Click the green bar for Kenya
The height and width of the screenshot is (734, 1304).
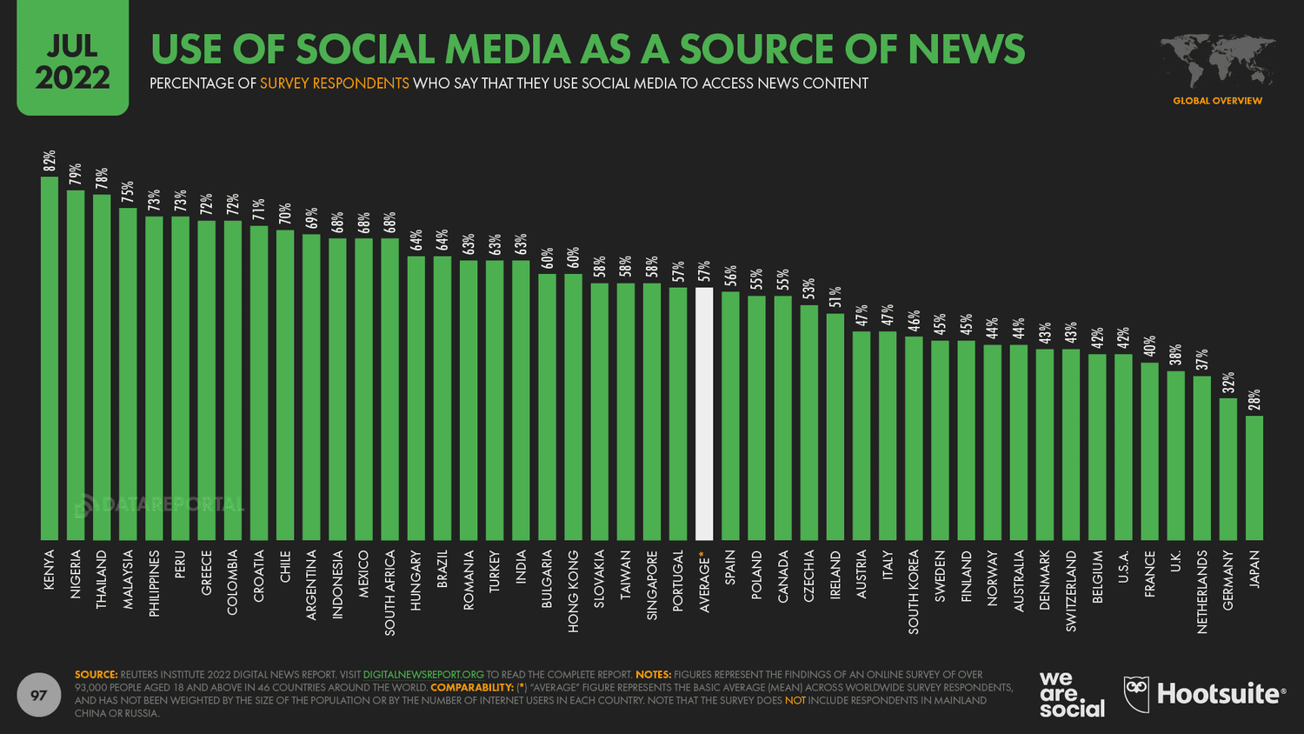(x=50, y=358)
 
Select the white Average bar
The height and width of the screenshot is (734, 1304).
(x=704, y=414)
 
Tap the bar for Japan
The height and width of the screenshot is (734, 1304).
(x=1254, y=477)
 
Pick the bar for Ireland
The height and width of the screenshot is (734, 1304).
(x=835, y=426)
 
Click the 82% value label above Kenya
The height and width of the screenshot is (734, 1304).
(x=50, y=161)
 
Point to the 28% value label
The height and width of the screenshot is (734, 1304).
(x=1254, y=400)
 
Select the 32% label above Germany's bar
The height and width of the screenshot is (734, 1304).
(x=1228, y=383)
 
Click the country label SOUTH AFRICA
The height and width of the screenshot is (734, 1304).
(x=390, y=592)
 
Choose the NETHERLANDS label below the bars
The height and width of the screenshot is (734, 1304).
(x=1202, y=591)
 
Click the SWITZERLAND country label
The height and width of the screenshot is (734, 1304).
(x=1071, y=591)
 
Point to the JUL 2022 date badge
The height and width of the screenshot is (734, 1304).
(x=72, y=61)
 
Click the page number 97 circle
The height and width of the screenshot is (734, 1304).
(x=39, y=695)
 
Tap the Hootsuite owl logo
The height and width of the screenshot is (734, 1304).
(x=1136, y=694)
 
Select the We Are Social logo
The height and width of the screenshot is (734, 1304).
(x=1071, y=694)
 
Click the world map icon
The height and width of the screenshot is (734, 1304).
(x=1217, y=61)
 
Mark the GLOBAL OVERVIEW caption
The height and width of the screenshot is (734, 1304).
(x=1217, y=101)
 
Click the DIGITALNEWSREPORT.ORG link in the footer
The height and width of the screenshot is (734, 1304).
(x=423, y=674)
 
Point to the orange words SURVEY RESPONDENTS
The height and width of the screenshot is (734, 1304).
(x=335, y=83)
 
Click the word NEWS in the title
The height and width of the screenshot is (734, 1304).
(x=967, y=50)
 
